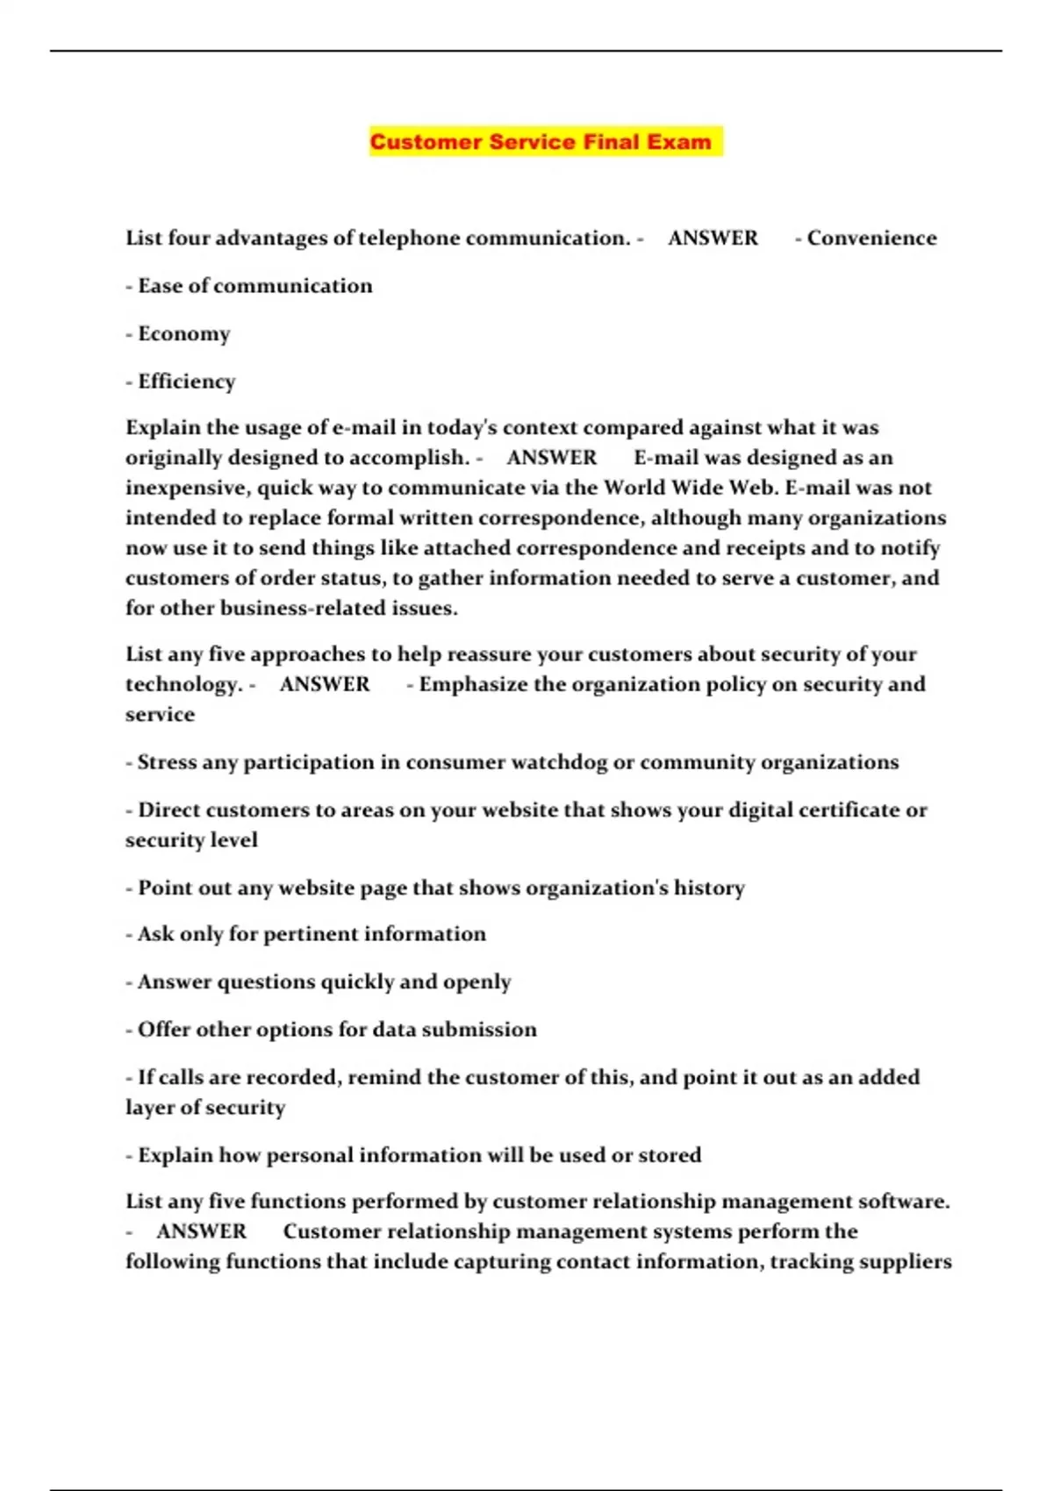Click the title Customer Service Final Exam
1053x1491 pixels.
541,142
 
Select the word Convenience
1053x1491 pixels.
871,239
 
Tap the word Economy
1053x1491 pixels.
184,334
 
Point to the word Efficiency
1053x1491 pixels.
187,382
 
